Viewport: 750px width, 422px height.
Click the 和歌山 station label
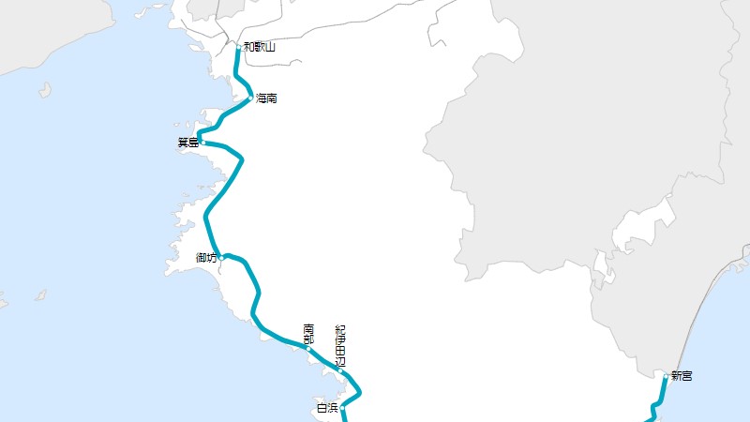[260, 46]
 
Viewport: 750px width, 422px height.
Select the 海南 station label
[266, 98]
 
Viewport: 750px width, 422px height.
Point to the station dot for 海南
[250, 98]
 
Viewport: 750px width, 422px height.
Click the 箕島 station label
[187, 143]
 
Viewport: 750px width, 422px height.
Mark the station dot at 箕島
[202, 143]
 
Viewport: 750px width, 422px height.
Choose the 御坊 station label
[206, 257]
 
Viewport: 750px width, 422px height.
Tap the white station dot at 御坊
[222, 257]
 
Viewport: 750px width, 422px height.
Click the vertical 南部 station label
[308, 332]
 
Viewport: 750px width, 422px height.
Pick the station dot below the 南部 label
[308, 349]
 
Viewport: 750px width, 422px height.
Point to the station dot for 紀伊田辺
[341, 371]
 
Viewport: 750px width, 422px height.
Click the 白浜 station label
[326, 408]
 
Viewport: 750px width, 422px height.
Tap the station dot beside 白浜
[343, 408]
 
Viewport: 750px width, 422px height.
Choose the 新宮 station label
[682, 376]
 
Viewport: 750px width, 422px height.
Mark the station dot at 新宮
[666, 376]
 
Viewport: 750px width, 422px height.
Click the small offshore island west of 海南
[44, 90]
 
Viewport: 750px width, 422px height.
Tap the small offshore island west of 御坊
[40, 295]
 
